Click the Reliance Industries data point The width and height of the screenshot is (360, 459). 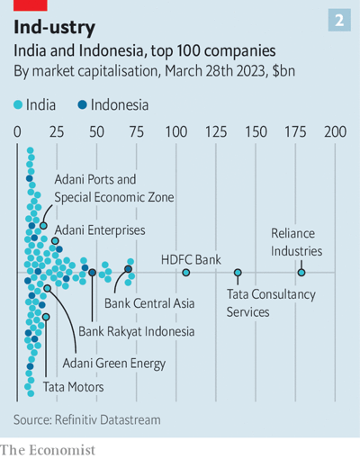[x=301, y=272]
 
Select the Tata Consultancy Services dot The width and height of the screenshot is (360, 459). [x=238, y=272]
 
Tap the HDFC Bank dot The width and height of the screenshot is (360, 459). [x=186, y=272]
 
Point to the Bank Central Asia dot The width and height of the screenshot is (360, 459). [x=129, y=269]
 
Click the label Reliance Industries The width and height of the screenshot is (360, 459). [x=296, y=242]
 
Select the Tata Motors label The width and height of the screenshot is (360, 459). [x=74, y=387]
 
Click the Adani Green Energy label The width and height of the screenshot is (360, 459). [x=113, y=363]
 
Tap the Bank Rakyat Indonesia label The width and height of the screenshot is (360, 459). [x=136, y=331]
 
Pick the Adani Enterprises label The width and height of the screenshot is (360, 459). [x=99, y=230]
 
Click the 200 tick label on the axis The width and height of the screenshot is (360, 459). [x=335, y=132]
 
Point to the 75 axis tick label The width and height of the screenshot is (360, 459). [x=137, y=132]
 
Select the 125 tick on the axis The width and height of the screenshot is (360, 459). [x=216, y=132]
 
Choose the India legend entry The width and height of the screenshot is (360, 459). [x=34, y=104]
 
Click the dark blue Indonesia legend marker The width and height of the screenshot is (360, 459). [x=83, y=104]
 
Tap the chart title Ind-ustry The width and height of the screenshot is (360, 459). [x=54, y=27]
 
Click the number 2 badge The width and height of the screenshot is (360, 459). [x=339, y=21]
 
